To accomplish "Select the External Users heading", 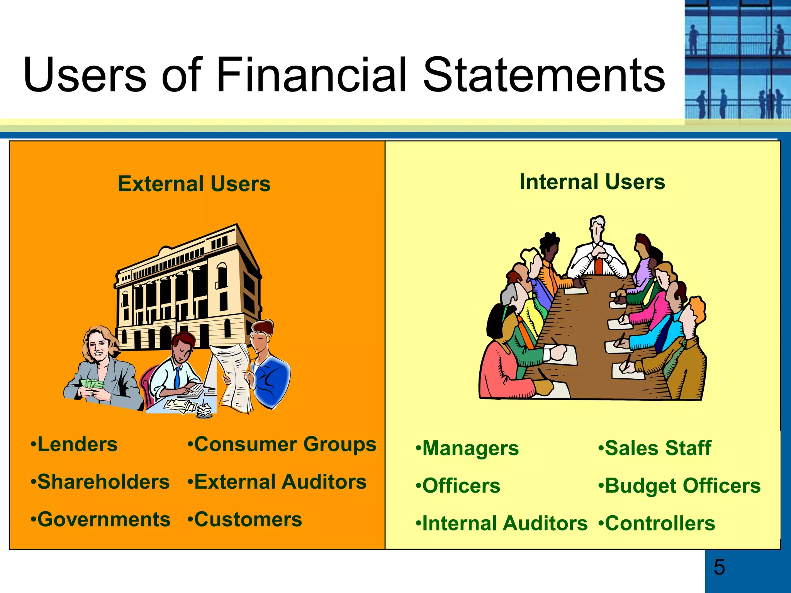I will pyautogui.click(x=194, y=184).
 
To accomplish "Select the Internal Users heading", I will pyautogui.click(x=592, y=182).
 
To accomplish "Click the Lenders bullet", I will pyautogui.click(x=74, y=444).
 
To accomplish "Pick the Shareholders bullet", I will pyautogui.click(x=100, y=482).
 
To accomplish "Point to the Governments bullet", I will pyautogui.click(x=101, y=519).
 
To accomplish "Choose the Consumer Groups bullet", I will pyautogui.click(x=282, y=444).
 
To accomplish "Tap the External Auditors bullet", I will pyautogui.click(x=277, y=482).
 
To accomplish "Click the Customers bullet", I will pyautogui.click(x=245, y=519).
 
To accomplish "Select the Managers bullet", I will pyautogui.click(x=467, y=448).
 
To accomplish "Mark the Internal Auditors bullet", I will pyautogui.click(x=502, y=524).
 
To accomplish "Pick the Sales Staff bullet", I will pyautogui.click(x=655, y=448).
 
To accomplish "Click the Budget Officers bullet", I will pyautogui.click(x=679, y=486).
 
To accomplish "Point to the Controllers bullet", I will pyautogui.click(x=657, y=524).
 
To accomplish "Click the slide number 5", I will pyautogui.click(x=719, y=567).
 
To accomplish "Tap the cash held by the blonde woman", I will pyautogui.click(x=92, y=384).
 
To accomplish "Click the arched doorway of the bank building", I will pyautogui.click(x=165, y=336).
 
